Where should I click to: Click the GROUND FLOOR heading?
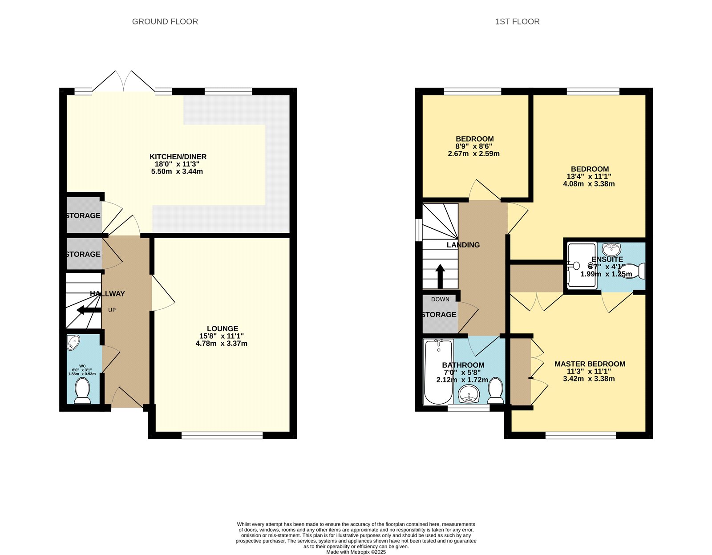coord(165,21)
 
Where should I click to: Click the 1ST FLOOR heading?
coord(517,21)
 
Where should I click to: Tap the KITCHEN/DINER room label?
coord(178,157)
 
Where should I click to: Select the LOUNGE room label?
coord(222,328)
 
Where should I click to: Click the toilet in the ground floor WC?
coord(82,390)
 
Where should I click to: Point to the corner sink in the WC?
coord(73,342)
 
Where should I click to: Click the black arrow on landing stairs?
coord(440,276)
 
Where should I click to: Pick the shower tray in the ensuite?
coord(581,265)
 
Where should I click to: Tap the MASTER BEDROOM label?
coord(589,364)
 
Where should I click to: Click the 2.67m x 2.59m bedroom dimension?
coord(473,154)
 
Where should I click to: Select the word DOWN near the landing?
coord(440,299)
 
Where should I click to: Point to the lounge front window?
coord(222,435)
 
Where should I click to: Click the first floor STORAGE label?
coord(439,315)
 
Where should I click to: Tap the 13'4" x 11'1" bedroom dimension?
coord(589,176)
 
